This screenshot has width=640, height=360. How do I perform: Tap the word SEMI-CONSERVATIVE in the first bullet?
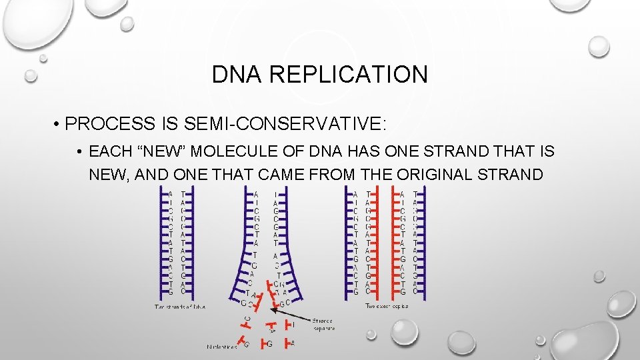[x=295, y=124]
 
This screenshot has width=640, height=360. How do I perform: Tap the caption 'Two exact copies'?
[x=387, y=306]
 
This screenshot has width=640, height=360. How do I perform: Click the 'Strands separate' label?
[x=323, y=324]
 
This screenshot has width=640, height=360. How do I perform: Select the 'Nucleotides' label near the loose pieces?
[x=221, y=346]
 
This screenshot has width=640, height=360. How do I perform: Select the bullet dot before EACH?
[x=79, y=152]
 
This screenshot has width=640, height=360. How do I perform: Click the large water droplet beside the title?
[x=599, y=46]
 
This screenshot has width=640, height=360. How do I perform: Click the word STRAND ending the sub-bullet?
[x=521, y=175]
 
